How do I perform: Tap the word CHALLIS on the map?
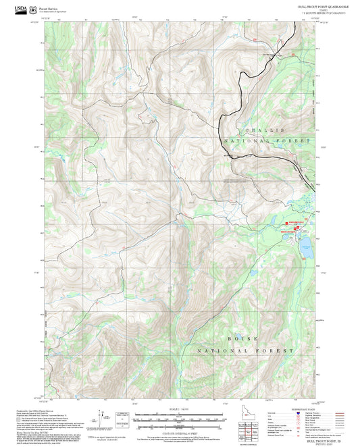point(270,129)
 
